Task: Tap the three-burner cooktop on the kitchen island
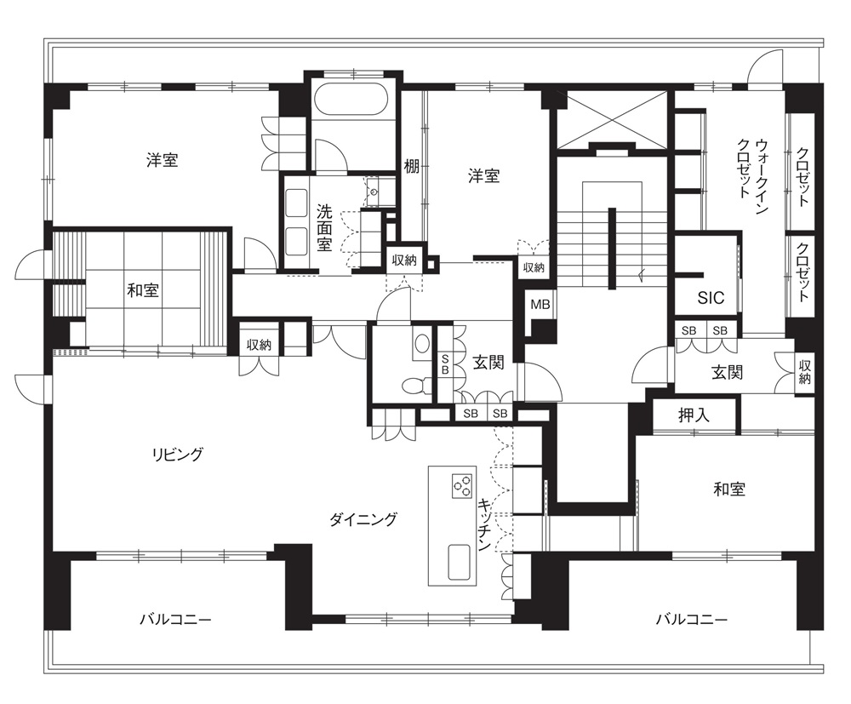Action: coord(462,486)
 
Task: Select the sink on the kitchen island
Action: coord(460,563)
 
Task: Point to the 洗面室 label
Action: coord(324,227)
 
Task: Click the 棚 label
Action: coord(411,166)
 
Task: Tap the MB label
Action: coord(540,305)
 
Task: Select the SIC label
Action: coord(711,297)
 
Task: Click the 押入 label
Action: coord(694,415)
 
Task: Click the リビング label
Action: coord(178,454)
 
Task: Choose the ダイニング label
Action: coord(363,519)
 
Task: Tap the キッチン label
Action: coord(485,524)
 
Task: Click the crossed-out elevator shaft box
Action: coord(612,119)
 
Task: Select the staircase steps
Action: coord(612,247)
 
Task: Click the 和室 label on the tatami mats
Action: coord(143,289)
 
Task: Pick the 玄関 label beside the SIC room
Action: coord(727,372)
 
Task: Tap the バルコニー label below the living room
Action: coord(175,620)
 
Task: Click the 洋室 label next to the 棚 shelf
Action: coord(483,176)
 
